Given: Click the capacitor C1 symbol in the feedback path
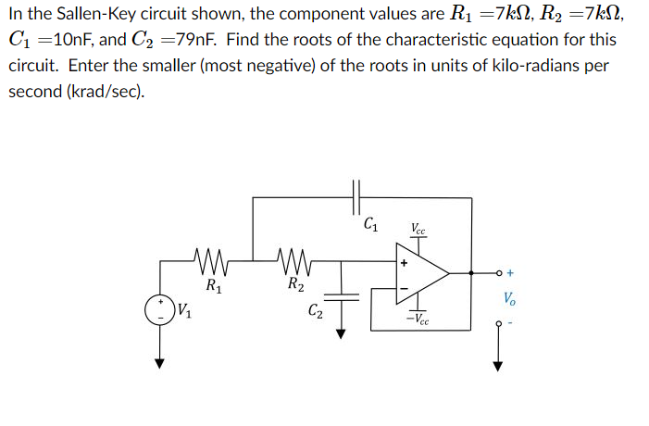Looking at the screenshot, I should coord(359,196).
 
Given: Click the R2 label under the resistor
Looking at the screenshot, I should coord(293,284).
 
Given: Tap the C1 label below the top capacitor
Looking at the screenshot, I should coord(370,222).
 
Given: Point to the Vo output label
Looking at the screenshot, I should coord(509,298).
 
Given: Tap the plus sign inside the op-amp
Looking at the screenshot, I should coord(403,263).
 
